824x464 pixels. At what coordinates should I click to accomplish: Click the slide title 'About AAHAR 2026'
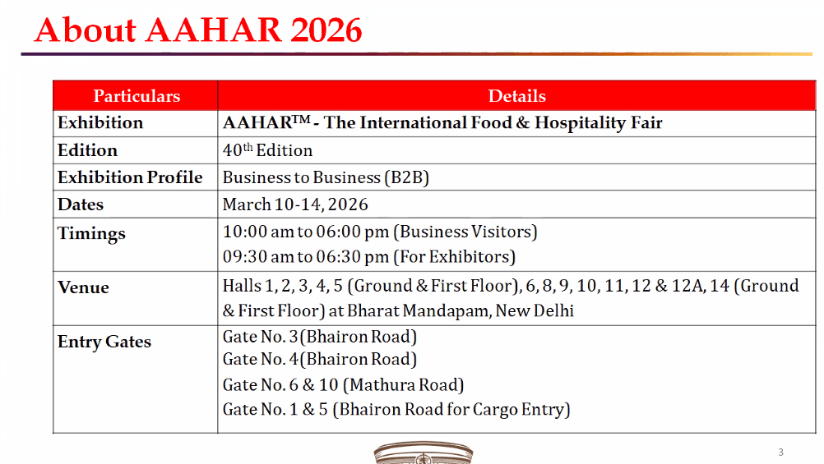pos(198,30)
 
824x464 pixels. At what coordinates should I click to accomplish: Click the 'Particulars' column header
pos(137,96)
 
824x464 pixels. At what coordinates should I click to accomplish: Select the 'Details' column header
pos(516,96)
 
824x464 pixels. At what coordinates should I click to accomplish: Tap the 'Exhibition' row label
pos(100,123)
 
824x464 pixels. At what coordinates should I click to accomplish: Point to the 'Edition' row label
pos(87,150)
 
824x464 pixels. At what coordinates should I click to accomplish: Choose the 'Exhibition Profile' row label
pos(130,177)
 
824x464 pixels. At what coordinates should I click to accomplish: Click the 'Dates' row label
pos(81,204)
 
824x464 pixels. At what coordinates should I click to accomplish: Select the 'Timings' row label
pos(91,233)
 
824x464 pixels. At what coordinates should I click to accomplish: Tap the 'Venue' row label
pos(83,287)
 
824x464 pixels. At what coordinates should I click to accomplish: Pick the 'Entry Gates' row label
pos(104,342)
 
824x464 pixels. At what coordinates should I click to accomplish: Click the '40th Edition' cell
pos(267,150)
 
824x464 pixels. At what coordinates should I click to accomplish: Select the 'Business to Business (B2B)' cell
pos(326,177)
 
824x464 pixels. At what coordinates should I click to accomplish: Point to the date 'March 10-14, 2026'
pos(295,204)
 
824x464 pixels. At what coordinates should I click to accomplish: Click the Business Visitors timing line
pos(380,232)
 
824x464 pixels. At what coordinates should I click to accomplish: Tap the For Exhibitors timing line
pos(369,257)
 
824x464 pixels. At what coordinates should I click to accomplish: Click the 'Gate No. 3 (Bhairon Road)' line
pos(320,337)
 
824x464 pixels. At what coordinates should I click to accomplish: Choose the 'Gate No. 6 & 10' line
pos(344,384)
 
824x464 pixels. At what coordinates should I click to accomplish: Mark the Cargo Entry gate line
pos(396,409)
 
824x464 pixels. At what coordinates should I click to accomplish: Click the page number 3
pos(780,452)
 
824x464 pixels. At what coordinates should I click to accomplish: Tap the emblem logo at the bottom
pos(424,453)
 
